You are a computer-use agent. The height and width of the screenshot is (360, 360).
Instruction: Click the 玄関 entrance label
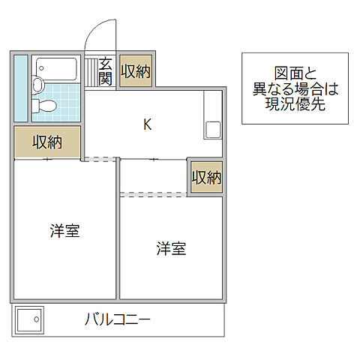105,71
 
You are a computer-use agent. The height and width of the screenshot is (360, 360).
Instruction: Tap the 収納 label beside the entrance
135,72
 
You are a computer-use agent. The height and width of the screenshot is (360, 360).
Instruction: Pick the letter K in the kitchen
148,124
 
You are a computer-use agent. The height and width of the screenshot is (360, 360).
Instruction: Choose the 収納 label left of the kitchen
46,142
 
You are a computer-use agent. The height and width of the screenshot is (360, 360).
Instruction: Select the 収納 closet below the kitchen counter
205,178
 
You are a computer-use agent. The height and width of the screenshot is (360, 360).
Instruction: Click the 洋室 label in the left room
64,231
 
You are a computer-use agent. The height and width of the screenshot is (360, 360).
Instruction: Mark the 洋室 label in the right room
171,247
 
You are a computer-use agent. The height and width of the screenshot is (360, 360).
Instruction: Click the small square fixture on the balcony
30,321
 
